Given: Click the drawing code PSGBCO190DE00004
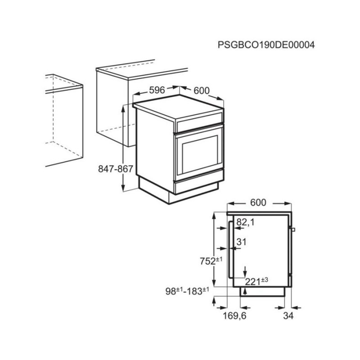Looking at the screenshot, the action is pos(266,45).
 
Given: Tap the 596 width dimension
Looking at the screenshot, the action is pos(157,90).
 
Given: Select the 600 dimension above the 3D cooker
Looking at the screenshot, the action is pos(202,91).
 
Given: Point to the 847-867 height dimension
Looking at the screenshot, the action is pos(116,169).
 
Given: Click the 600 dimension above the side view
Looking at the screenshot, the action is pos(258,202).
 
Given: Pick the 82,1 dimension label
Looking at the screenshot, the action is pos(245,222).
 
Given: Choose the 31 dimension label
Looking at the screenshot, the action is pos(241,242).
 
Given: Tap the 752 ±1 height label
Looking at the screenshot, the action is pos(211,261).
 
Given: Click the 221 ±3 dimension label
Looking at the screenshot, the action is pos(256,281).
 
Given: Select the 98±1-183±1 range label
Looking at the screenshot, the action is pos(187,291).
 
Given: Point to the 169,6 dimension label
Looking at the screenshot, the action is pos(234,316).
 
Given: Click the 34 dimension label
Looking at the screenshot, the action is pos(288,316).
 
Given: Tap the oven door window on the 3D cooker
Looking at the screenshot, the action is pos(200,154).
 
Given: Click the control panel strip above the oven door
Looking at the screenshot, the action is pos(200,122).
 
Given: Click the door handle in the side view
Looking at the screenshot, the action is pos(230,250).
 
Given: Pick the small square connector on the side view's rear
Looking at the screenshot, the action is pos(293,229).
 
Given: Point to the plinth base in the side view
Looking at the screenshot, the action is pos(262,292).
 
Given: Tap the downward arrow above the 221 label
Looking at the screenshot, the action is pos(245,272).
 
